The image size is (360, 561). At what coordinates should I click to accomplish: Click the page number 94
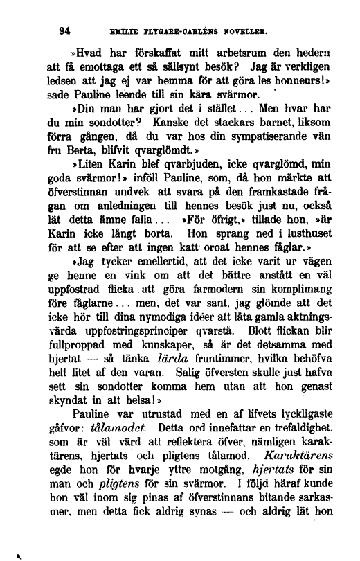pos(66,30)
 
